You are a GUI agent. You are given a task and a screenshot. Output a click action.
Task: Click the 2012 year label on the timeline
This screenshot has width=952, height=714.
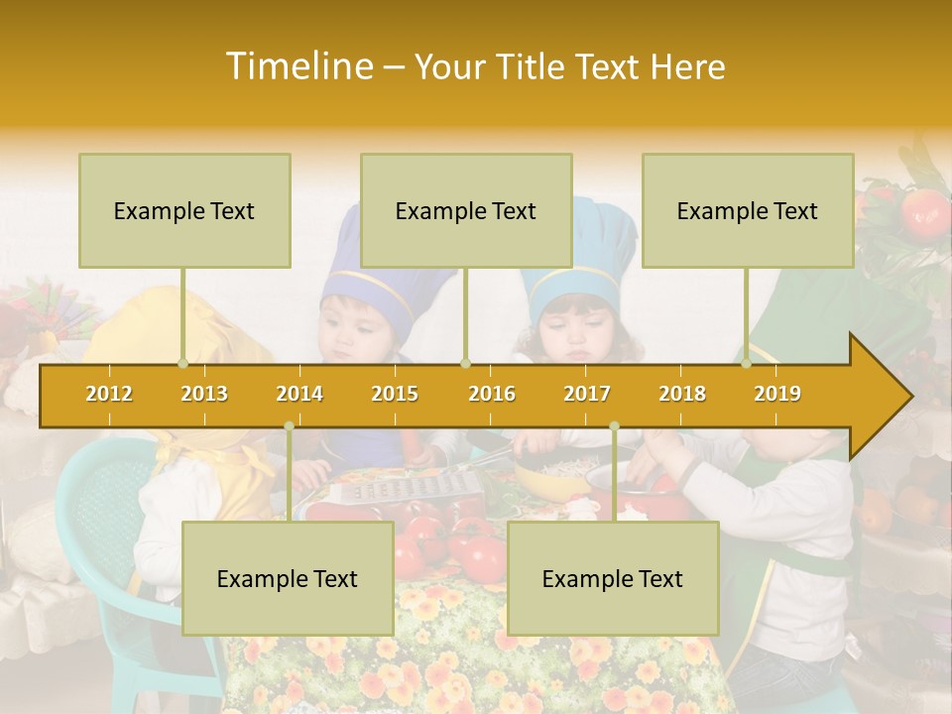[x=109, y=394]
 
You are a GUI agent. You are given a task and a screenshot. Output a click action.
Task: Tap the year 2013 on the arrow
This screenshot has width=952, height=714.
[x=204, y=394]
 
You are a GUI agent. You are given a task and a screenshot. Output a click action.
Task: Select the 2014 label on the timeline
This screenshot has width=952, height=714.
[x=299, y=394]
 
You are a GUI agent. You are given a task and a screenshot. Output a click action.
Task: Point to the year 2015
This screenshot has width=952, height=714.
[x=395, y=394]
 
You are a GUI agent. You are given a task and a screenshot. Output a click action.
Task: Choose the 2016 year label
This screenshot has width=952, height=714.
[x=492, y=394]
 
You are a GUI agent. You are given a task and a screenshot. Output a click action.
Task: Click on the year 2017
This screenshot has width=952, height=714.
[x=587, y=394]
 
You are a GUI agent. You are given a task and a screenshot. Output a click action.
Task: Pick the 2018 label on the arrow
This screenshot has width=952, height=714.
[x=682, y=394]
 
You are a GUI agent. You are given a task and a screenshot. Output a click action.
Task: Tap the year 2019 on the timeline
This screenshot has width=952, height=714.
[x=777, y=394]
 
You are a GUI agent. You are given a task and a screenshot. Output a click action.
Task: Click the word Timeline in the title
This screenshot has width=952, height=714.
[x=298, y=66]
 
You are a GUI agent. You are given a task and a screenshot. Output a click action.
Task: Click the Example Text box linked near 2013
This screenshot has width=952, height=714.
[x=184, y=210]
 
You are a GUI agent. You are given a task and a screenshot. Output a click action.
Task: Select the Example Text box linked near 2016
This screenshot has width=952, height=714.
[x=466, y=210]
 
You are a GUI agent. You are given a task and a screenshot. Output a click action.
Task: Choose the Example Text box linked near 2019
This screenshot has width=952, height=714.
[x=748, y=210]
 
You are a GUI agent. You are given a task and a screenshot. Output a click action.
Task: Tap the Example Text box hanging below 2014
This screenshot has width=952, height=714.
[x=288, y=578]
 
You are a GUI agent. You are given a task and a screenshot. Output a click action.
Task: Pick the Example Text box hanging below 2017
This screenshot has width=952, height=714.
[x=613, y=578]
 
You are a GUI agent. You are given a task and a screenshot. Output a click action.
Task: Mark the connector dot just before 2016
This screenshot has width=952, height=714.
[x=466, y=363]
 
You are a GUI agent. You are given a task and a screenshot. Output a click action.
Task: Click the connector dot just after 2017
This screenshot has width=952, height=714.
[x=614, y=426]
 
